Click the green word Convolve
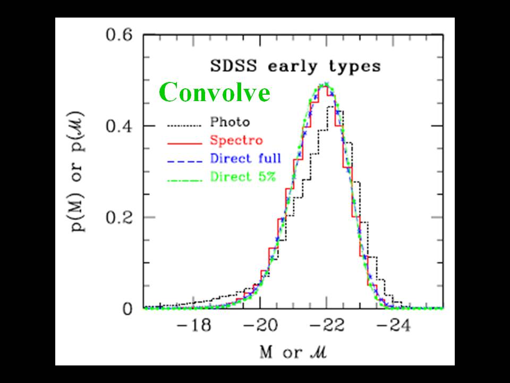click(x=215, y=93)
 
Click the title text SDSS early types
click(x=294, y=66)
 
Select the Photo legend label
click(x=229, y=122)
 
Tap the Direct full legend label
click(x=245, y=159)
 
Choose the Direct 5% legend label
click(x=242, y=177)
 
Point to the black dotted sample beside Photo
click(x=185, y=126)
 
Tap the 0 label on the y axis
click(x=128, y=309)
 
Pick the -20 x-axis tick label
click(x=259, y=326)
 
